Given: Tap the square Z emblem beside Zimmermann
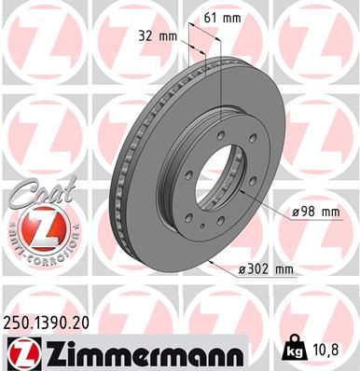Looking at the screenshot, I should click(x=20, y=351).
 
